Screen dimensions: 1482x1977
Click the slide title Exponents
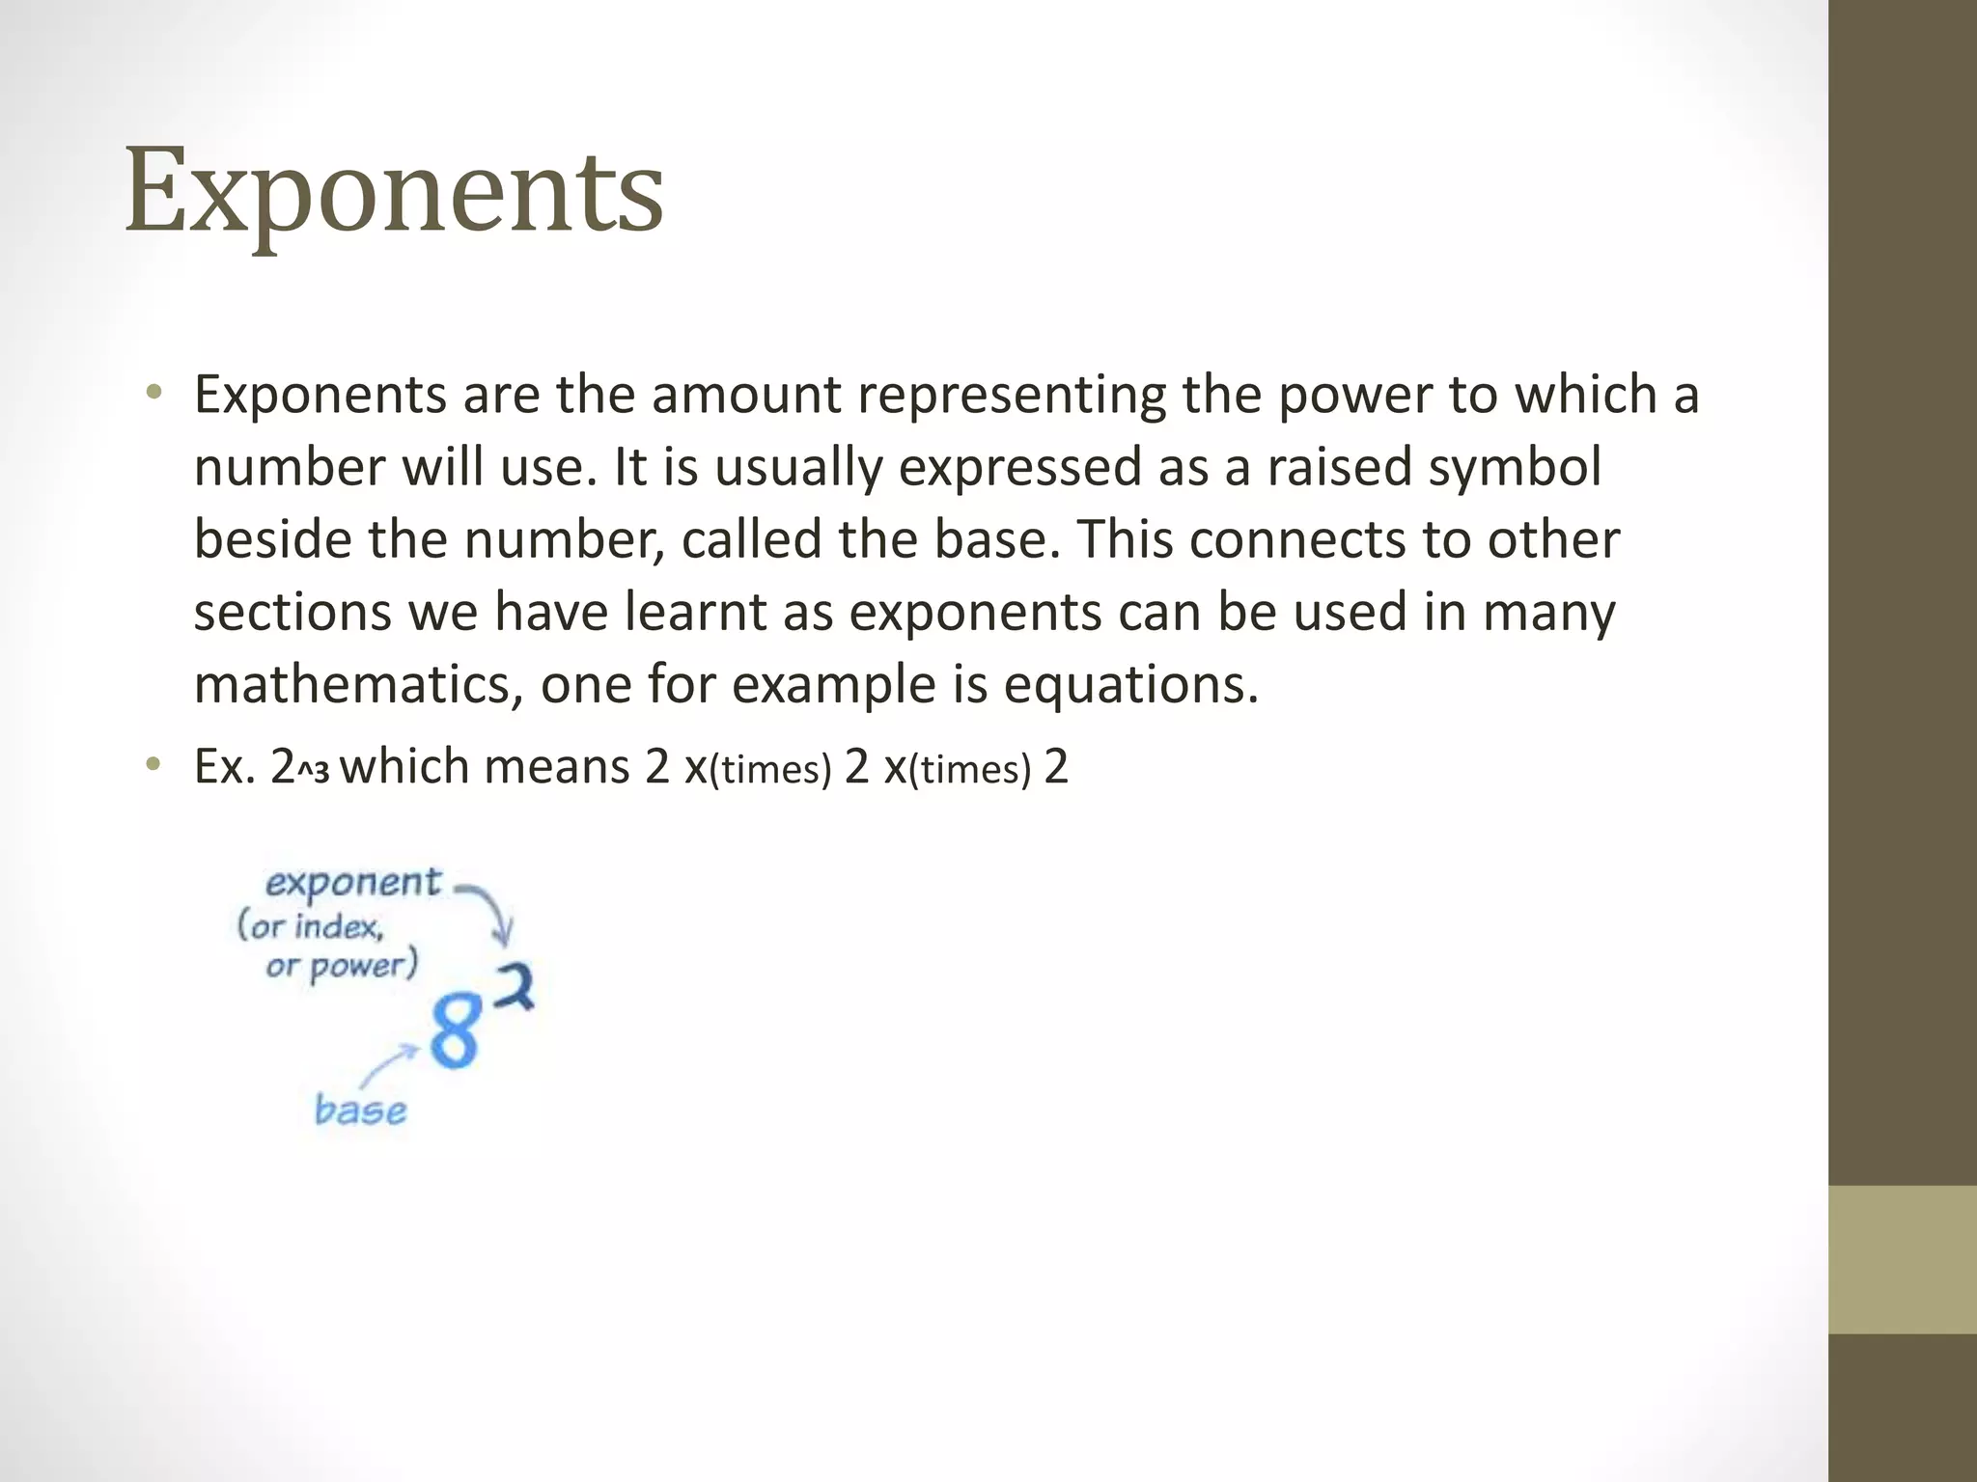394,191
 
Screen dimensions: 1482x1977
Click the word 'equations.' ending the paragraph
1131,685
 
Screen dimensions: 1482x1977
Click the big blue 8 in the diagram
454,1031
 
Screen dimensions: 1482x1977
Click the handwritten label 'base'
360,1111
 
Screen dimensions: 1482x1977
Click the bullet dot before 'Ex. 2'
153,766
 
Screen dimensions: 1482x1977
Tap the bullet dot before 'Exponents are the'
153,393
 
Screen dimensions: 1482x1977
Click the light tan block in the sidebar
1902,1259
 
